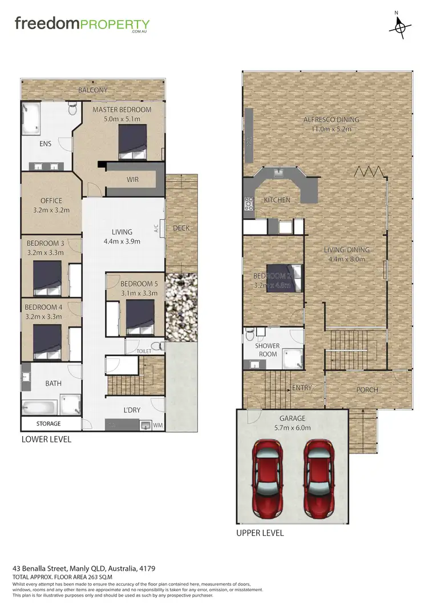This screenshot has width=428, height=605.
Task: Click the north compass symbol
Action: (x=401, y=26)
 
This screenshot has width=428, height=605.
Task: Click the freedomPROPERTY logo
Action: (x=82, y=25)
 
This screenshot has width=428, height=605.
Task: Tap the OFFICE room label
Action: (x=51, y=201)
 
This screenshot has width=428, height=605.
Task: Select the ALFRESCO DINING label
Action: (x=331, y=120)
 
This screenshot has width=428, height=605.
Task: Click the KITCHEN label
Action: (x=277, y=200)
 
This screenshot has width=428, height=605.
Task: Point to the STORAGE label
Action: (x=49, y=424)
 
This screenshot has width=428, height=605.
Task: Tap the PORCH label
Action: (x=367, y=390)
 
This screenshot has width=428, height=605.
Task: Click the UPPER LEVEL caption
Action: (x=260, y=533)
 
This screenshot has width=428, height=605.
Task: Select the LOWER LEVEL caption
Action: (x=46, y=439)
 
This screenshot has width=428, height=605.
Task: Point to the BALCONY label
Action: (x=92, y=90)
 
